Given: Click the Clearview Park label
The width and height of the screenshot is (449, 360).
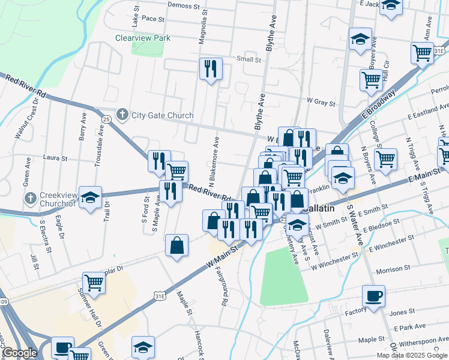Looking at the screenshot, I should click(x=143, y=38).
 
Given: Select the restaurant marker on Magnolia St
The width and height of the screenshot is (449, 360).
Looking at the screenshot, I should click(x=211, y=69).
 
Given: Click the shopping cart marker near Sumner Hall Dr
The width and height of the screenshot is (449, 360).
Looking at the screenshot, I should click(x=94, y=281).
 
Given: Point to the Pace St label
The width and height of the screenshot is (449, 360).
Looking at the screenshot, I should click(x=153, y=19).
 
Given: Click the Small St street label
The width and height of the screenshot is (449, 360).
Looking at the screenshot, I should click(x=249, y=59).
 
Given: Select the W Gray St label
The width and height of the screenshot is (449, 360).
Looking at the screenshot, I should click(x=321, y=103).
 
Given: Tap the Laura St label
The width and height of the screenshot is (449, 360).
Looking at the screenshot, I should click(x=54, y=158).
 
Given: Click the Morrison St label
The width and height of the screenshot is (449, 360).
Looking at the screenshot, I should click(x=392, y=271).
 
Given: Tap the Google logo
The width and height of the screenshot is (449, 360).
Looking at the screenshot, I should click(x=20, y=353).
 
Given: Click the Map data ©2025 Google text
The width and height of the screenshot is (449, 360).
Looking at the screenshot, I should click(x=412, y=355).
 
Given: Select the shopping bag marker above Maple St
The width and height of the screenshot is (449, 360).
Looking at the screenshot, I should click(x=177, y=245).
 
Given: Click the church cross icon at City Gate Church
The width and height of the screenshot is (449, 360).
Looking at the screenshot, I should click(x=122, y=115).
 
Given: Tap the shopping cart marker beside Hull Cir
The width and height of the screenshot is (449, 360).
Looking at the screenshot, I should click(x=372, y=79).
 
